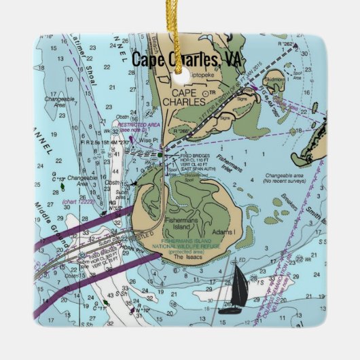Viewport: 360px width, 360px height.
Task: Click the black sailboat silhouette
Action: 237,288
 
